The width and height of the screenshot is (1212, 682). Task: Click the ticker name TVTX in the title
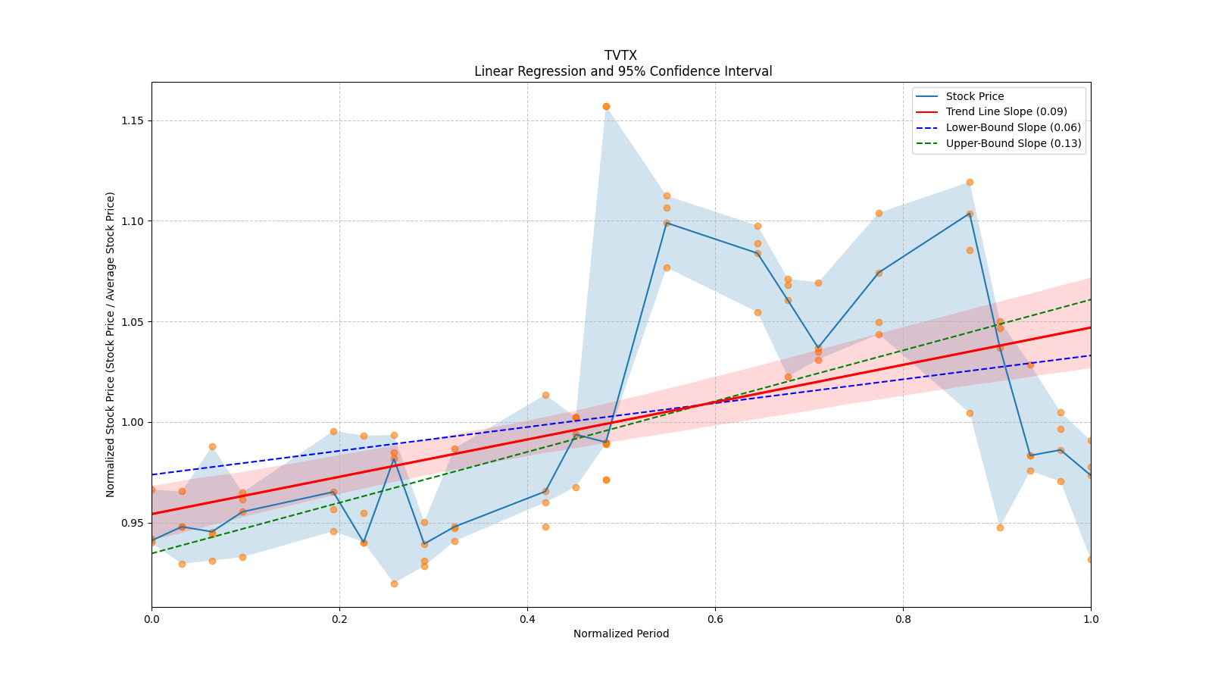pos(620,55)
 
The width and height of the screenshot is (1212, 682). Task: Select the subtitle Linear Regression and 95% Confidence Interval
pos(623,71)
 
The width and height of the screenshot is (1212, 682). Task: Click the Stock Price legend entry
pos(974,96)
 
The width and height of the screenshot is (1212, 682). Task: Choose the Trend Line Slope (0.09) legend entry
pos(1006,111)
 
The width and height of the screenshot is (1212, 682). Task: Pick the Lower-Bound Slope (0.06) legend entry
pos(1013,127)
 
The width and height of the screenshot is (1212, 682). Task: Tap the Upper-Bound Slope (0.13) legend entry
pos(1013,143)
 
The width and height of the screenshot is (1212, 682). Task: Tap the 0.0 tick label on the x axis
pos(151,619)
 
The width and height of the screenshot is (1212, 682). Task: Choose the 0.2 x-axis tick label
pos(339,619)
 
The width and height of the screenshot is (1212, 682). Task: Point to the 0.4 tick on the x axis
pos(527,619)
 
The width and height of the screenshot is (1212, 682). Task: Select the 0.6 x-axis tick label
pos(715,619)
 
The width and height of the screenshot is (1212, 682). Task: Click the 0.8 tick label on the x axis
pos(903,619)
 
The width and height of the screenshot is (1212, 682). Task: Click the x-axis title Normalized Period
pos(621,634)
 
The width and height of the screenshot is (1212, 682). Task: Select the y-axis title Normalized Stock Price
pos(111,344)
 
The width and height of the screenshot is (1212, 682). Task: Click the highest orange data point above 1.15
pos(606,106)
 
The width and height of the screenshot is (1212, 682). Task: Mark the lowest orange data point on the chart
pos(394,583)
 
